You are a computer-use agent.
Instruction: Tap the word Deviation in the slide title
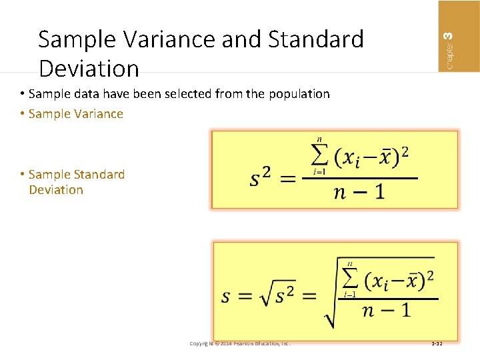click(89, 68)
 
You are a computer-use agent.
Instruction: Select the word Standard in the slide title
click(316, 40)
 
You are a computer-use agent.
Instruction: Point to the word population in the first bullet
click(299, 94)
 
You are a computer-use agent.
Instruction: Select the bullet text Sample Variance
click(76, 114)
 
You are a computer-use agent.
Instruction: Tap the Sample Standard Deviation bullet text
click(76, 182)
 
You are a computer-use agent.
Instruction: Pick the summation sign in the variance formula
click(319, 157)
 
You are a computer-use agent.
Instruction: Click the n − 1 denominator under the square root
click(386, 311)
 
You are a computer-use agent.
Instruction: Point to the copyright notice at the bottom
click(239, 343)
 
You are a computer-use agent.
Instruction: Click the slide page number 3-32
click(437, 343)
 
